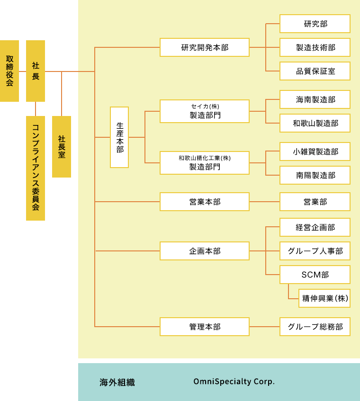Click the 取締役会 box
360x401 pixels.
9,71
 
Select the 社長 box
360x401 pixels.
36,71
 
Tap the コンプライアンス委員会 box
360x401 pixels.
36,168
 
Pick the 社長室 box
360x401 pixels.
62,147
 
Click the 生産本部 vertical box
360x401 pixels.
119,137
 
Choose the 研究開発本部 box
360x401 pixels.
205,47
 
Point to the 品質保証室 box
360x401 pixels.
315,71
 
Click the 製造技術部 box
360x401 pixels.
315,47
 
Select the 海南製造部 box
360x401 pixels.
315,99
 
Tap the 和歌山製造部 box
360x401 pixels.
315,123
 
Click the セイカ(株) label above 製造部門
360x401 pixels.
205,107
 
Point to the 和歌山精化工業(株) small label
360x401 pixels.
205,158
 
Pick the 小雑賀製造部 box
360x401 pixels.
315,151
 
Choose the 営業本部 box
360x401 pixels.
205,202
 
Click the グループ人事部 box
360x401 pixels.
315,251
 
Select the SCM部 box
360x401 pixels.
315,275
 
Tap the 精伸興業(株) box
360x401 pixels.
324,298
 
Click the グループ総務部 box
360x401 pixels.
315,327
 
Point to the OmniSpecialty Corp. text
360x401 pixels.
234,382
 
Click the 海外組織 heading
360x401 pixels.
117,383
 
